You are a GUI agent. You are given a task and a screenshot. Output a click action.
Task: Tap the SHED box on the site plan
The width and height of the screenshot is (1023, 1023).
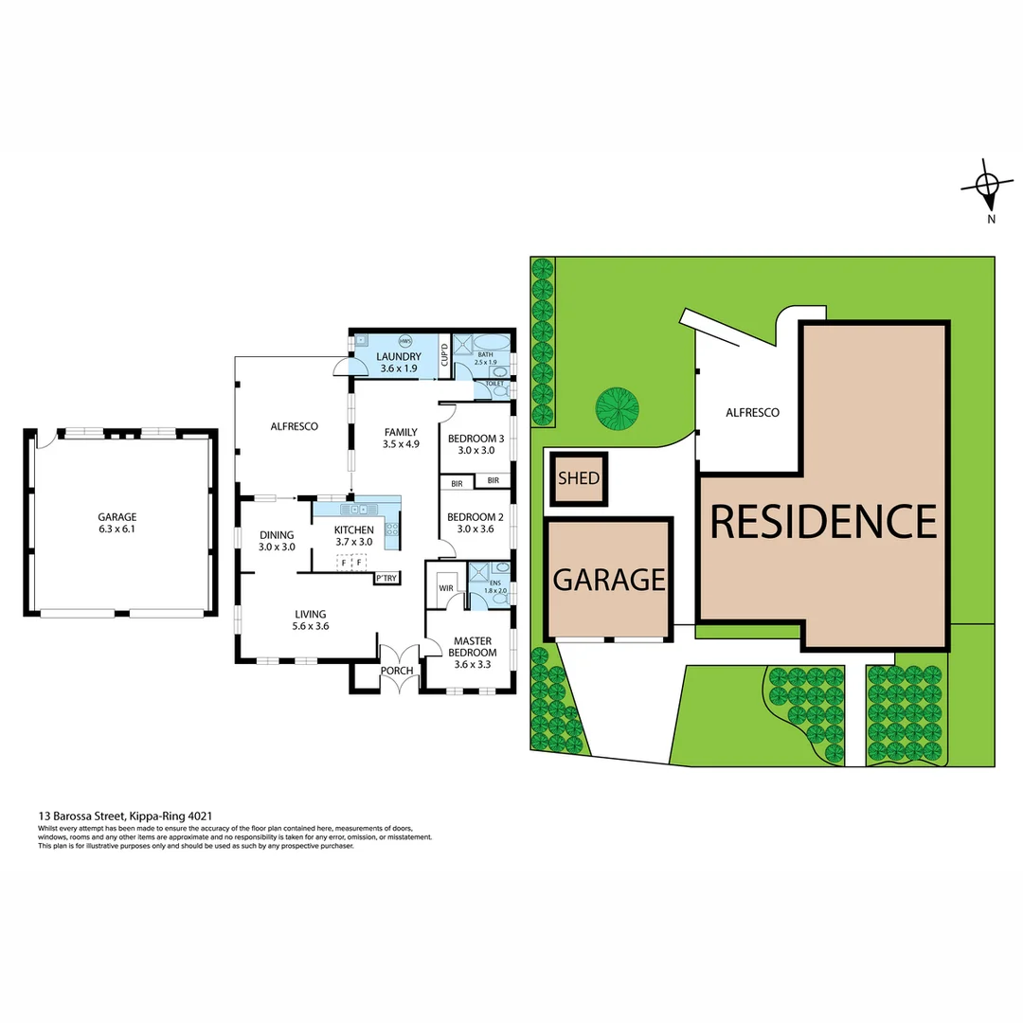578,478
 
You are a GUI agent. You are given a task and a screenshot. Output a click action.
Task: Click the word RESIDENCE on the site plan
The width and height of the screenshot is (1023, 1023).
823,521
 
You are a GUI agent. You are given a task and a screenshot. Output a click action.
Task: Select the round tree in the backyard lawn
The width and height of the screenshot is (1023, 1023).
617,407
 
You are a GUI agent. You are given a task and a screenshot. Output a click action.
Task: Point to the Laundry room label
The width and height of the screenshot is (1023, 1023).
400,356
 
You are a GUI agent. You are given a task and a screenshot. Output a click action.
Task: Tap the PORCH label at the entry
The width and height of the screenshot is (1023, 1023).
397,671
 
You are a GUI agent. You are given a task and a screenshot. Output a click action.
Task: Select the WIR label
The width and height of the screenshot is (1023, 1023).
445,588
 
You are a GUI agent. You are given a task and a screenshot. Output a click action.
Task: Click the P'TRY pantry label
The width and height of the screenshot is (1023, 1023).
386,578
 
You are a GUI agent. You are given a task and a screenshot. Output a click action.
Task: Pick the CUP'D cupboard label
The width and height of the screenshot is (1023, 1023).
444,356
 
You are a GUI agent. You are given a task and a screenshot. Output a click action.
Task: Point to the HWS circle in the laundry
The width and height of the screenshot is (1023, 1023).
405,341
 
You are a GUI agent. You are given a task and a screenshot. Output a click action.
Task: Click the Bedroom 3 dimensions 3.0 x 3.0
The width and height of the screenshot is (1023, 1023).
475,451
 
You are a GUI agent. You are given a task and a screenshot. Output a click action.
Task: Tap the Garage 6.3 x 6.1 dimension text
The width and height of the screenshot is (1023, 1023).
117,530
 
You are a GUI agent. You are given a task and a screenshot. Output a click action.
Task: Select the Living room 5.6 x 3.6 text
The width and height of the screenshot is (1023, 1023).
310,627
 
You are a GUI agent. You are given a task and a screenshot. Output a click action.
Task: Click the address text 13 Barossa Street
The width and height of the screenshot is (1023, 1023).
124,815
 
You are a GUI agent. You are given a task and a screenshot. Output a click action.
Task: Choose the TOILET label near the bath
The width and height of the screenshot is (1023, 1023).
494,384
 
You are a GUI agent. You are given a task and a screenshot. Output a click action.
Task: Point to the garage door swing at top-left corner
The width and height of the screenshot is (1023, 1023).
41,440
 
